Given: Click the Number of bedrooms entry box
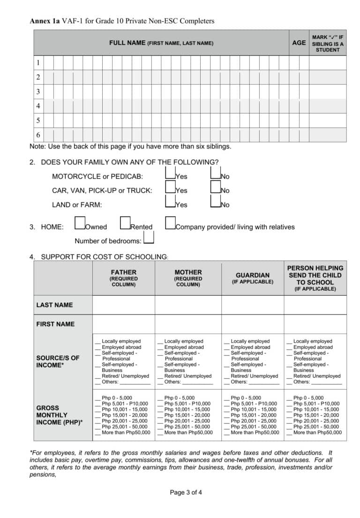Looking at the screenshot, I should click(x=149, y=239).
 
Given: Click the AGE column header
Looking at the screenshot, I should click(x=299, y=43).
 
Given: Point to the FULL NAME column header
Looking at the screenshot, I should click(x=161, y=43).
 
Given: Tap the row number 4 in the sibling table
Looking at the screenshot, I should click(x=38, y=106).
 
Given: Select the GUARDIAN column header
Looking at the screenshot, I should click(x=252, y=278).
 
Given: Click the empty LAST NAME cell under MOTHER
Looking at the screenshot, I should click(x=188, y=305).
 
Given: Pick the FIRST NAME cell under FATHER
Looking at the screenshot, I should click(x=124, y=324).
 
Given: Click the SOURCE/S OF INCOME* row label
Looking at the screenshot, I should click(x=58, y=361).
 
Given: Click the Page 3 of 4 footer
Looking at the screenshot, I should click(x=186, y=492).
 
